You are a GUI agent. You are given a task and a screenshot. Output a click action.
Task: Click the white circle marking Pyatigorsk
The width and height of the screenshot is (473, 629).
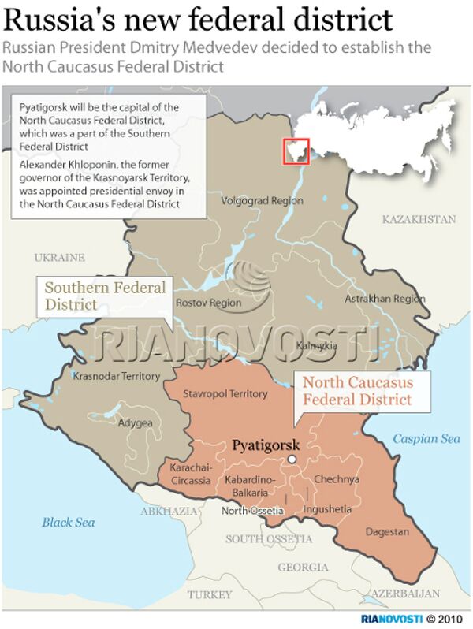[x=292, y=459]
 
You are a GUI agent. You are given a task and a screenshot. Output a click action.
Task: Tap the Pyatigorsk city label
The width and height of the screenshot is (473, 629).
[x=265, y=445]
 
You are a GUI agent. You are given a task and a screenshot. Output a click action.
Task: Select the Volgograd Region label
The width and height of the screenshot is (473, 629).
[x=262, y=201]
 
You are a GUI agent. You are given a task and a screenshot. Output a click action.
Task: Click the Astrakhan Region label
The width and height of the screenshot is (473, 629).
[x=385, y=300]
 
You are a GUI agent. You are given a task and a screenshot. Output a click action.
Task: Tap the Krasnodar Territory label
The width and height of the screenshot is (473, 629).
[x=116, y=376]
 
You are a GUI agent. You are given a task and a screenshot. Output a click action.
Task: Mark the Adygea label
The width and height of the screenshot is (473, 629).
[x=135, y=422]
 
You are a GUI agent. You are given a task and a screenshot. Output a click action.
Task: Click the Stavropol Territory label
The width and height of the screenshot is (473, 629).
[x=225, y=393]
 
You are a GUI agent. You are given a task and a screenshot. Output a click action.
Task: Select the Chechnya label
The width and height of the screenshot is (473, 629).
[x=337, y=479]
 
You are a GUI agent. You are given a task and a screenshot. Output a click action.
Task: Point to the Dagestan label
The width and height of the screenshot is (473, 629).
[x=387, y=532]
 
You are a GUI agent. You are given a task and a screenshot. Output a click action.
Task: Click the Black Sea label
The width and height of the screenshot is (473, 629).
[x=69, y=522]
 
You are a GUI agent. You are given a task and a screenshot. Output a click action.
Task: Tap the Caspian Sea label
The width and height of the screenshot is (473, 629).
[x=426, y=438]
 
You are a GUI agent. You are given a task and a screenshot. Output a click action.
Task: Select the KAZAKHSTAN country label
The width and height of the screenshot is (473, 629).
[x=419, y=218]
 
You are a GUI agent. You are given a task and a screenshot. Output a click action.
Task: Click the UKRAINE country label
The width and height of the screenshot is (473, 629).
[x=59, y=257]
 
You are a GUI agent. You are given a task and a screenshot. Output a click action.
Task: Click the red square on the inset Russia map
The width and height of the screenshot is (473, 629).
[x=296, y=151]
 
